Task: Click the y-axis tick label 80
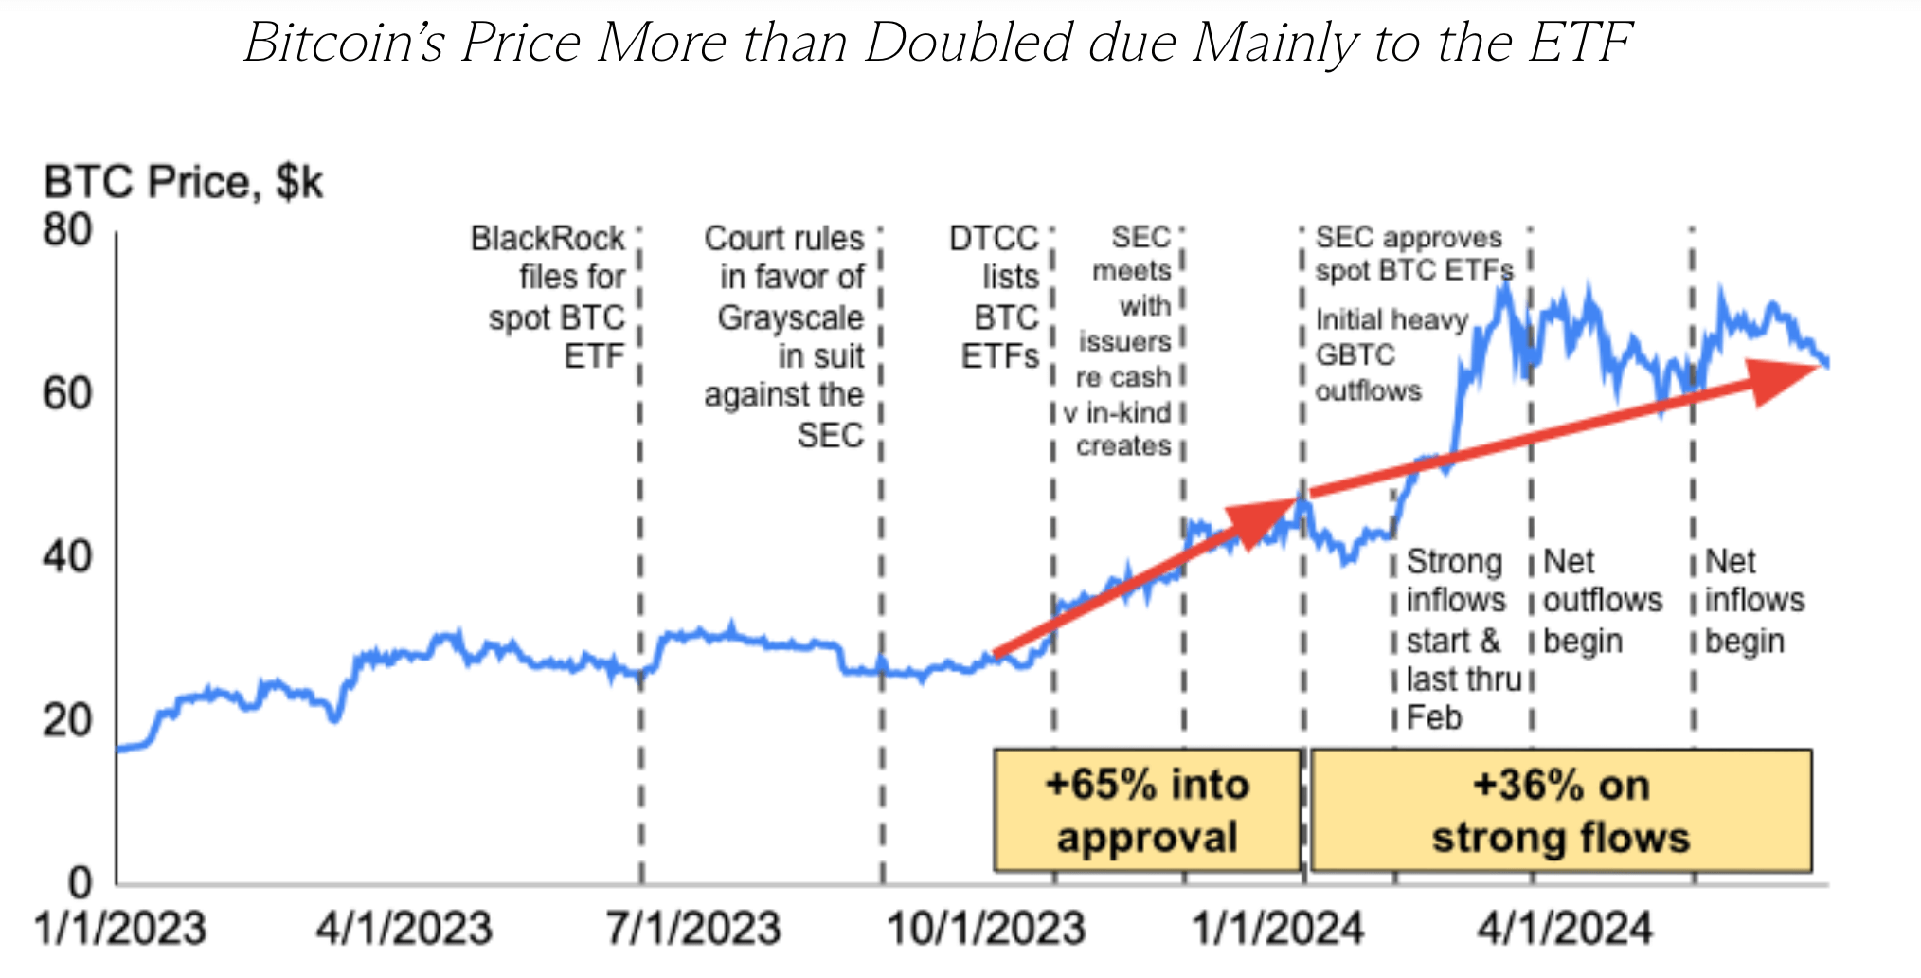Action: click(67, 230)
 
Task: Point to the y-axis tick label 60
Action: click(67, 393)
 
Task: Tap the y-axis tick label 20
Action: click(67, 721)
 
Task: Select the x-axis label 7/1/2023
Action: click(693, 928)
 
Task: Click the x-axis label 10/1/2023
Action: click(985, 928)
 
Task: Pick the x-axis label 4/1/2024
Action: click(1565, 928)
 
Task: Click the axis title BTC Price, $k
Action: click(184, 182)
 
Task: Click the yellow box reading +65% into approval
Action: click(1146, 810)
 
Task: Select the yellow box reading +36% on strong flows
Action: click(1560, 810)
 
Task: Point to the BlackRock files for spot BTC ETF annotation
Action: click(555, 297)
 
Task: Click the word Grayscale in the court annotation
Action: click(790, 317)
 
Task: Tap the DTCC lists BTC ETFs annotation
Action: click(998, 297)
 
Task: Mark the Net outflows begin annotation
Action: click(1601, 601)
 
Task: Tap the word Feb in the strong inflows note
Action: click(1434, 717)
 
